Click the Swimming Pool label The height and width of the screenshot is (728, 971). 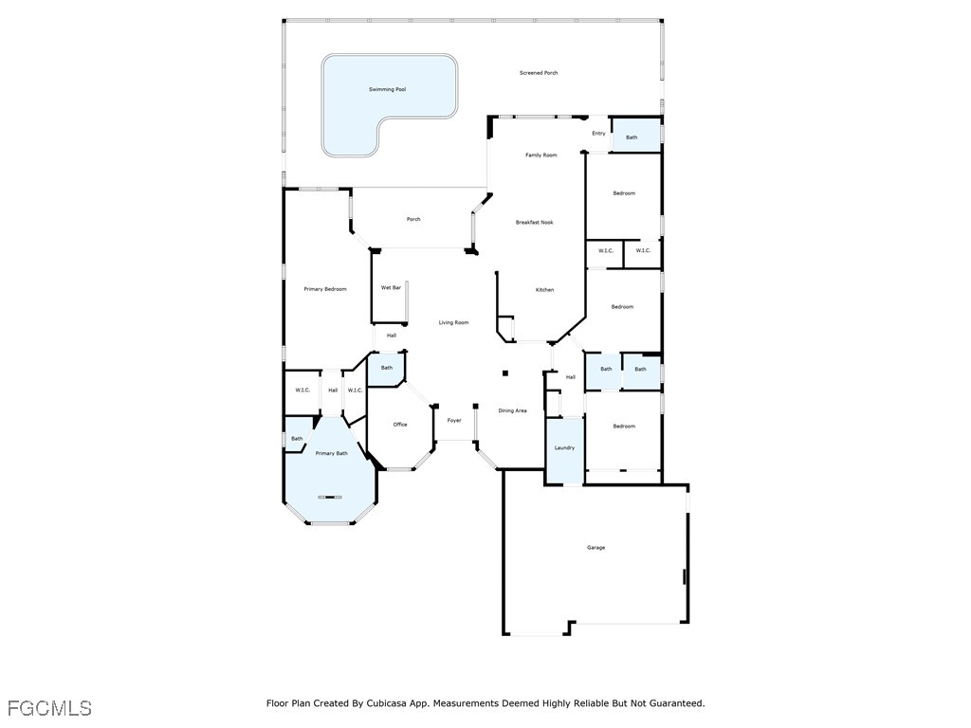point(387,90)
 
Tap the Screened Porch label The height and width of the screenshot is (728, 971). point(539,73)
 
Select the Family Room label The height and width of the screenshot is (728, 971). point(541,155)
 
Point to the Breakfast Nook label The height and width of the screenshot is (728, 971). point(534,223)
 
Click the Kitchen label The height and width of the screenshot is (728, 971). point(544,290)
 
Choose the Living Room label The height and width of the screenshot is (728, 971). point(453,323)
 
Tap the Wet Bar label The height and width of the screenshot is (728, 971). point(391,288)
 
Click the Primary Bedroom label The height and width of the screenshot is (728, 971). point(324,289)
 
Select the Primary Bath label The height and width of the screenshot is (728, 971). point(331,454)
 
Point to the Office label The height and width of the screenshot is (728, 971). point(400,425)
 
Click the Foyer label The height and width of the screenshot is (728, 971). point(454,421)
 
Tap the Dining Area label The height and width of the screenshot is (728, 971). point(512,411)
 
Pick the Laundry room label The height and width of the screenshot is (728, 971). point(564,448)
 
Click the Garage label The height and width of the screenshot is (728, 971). point(595,548)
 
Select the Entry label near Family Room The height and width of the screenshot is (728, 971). point(598,134)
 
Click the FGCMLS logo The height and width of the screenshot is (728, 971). point(49,708)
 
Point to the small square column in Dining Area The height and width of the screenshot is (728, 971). point(505,373)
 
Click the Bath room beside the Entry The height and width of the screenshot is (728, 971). point(632,137)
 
